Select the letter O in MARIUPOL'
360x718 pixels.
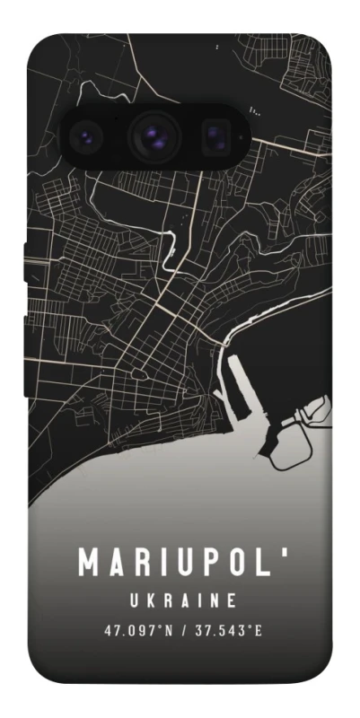235,562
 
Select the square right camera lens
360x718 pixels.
214,136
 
